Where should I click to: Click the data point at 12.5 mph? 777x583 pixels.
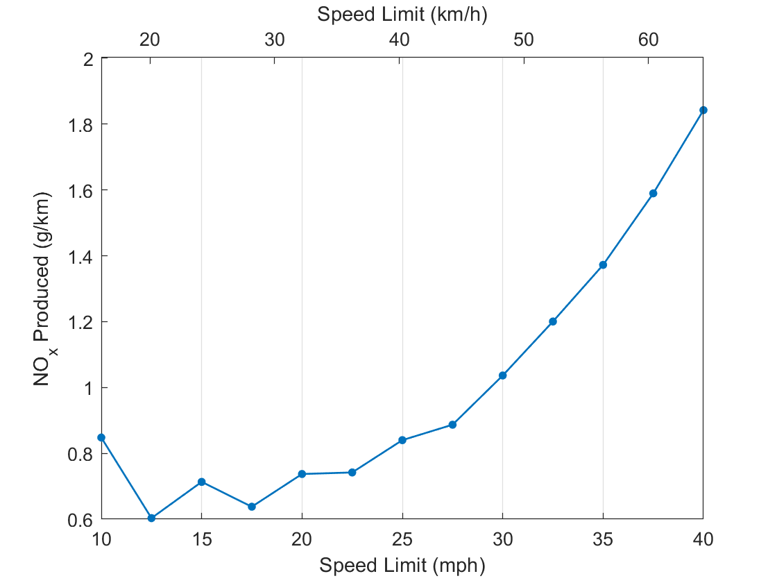point(151,518)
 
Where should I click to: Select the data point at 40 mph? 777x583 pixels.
point(703,110)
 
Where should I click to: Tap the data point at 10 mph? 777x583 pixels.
point(101,437)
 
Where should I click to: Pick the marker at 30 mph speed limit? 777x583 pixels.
point(502,375)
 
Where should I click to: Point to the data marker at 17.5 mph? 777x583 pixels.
point(252,507)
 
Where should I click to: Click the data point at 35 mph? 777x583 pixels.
point(603,264)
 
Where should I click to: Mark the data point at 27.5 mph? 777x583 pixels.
point(452,425)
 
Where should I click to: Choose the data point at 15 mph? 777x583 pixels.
point(201,482)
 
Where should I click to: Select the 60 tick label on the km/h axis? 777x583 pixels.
point(648,40)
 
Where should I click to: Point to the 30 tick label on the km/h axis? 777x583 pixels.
point(275,40)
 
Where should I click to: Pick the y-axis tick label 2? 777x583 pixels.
point(87,58)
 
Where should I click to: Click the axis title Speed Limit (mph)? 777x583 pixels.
point(402,565)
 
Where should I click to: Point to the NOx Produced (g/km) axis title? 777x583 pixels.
point(46,288)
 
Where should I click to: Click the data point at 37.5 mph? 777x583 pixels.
point(653,193)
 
